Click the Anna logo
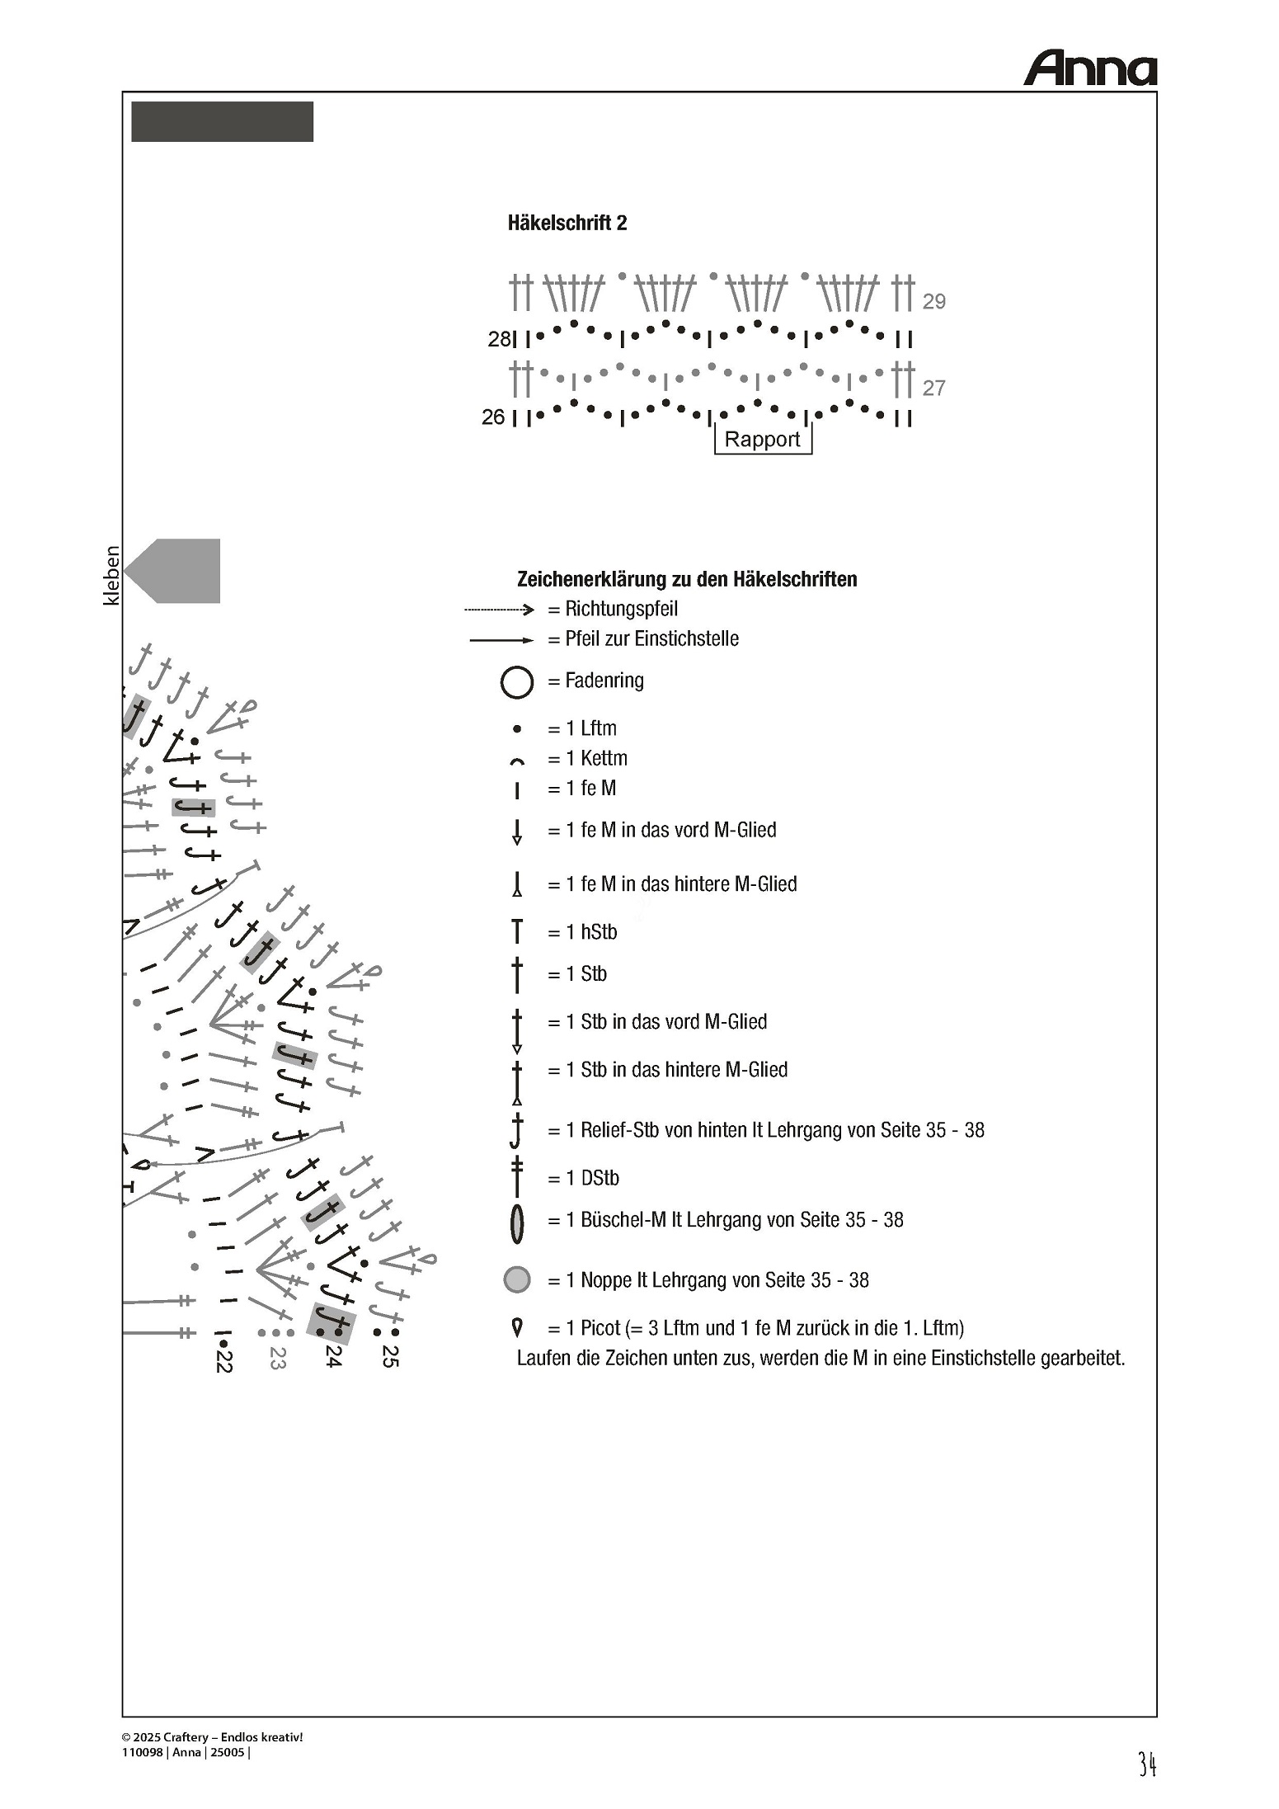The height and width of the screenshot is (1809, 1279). pyautogui.click(x=1089, y=68)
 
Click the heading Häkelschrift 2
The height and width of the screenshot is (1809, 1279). pyautogui.click(x=567, y=223)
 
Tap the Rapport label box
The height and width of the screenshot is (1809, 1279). pyautogui.click(x=762, y=439)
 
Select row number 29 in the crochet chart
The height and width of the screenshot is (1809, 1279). pyautogui.click(x=933, y=301)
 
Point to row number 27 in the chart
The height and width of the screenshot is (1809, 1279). pyautogui.click(x=933, y=388)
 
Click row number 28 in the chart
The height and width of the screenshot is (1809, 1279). pyautogui.click(x=499, y=339)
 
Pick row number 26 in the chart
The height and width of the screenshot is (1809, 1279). pyautogui.click(x=493, y=417)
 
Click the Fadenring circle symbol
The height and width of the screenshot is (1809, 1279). pyautogui.click(x=517, y=683)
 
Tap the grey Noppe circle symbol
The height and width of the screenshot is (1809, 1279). pyautogui.click(x=517, y=1279)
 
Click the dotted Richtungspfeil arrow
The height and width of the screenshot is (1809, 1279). pyautogui.click(x=499, y=610)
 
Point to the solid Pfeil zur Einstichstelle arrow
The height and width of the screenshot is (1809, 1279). pyautogui.click(x=501, y=639)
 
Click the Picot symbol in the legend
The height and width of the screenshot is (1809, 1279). pyautogui.click(x=517, y=1327)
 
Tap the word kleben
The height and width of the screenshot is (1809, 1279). pyautogui.click(x=111, y=575)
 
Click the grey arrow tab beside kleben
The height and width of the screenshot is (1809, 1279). pyautogui.click(x=176, y=571)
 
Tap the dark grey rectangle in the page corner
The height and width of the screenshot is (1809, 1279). pyautogui.click(x=222, y=122)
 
